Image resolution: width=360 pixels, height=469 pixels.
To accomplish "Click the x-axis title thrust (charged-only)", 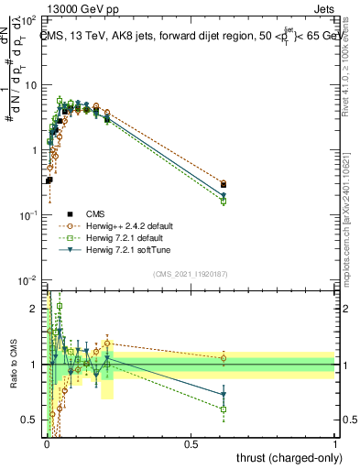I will coord(289,457).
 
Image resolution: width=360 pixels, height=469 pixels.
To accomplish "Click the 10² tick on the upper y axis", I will coord(33,18).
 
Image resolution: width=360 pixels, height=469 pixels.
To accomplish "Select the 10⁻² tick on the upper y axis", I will coord(33,279).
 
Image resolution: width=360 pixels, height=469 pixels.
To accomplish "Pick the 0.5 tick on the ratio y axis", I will coord(33,420).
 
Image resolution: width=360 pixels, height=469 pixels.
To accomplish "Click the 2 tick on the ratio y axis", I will coord(35,310).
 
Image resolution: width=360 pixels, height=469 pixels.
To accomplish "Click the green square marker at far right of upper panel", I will coord(224,201).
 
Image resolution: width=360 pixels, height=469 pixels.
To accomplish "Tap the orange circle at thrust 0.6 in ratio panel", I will coord(224,358).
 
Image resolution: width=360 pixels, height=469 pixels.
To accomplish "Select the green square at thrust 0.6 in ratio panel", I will coord(224,409).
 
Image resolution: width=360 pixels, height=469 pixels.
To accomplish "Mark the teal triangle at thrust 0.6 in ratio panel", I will coord(224,395).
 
